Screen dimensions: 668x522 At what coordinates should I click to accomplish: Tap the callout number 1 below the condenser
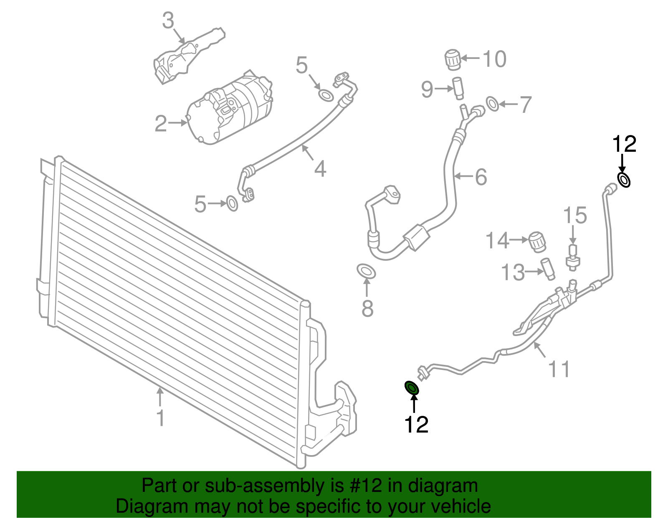pos(160,418)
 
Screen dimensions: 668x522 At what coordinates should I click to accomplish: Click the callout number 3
pos(168,20)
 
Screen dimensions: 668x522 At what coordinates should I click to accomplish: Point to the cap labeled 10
pos(453,59)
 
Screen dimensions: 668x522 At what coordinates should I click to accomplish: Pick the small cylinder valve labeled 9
pos(458,88)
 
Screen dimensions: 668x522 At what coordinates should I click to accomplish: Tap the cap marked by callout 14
pos(537,242)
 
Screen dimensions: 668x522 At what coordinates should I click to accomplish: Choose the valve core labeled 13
pos(547,269)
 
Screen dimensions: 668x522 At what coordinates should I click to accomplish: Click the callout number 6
pos(481,177)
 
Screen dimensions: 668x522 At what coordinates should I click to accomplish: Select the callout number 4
pos(320,169)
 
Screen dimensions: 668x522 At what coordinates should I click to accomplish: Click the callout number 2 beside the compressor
pos(160,124)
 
